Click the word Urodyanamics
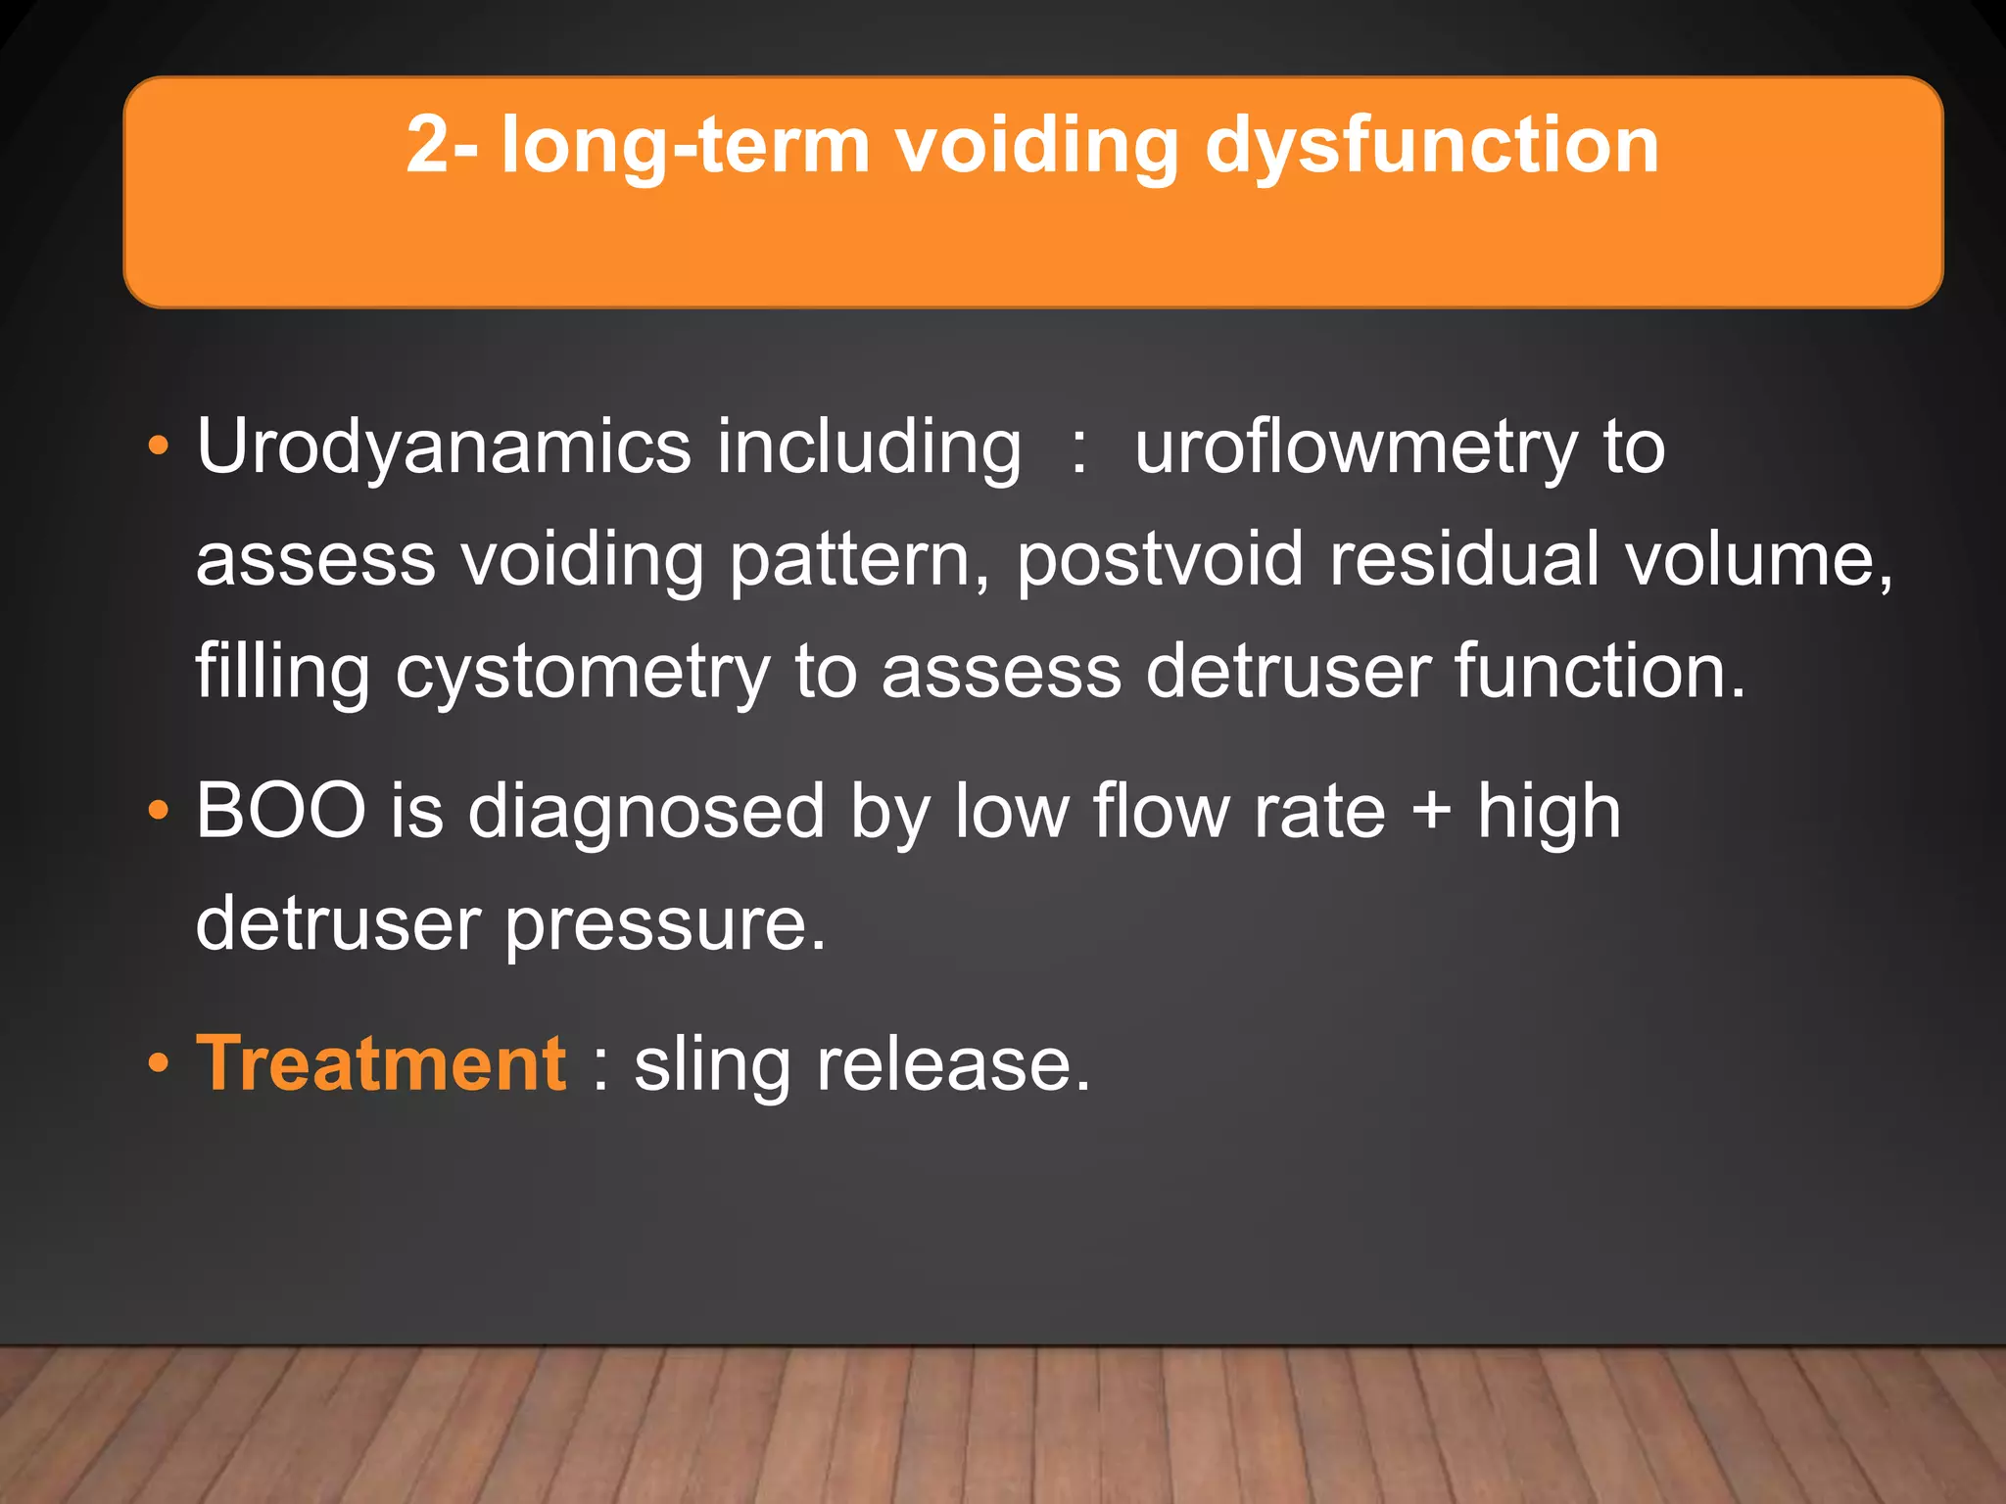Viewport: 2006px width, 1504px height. (x=444, y=448)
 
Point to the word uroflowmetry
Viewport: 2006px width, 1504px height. (x=1356, y=448)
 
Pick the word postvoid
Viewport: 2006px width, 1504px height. (x=1160, y=560)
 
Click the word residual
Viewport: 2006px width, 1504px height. (x=1464, y=560)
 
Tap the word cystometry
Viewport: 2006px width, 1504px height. (x=583, y=674)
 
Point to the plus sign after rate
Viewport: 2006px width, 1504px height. (x=1431, y=813)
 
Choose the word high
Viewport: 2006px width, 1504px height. (x=1549, y=813)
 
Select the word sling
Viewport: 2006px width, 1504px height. (x=712, y=1065)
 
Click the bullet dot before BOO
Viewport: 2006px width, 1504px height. (x=158, y=812)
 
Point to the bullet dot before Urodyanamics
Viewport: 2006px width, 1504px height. (x=158, y=448)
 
